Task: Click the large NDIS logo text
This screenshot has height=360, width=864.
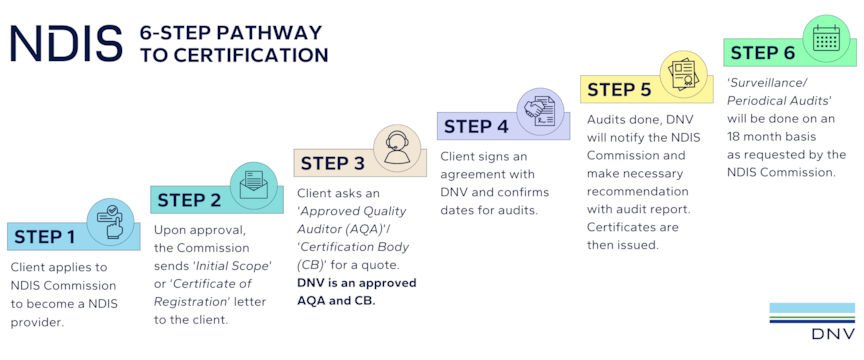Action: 65,44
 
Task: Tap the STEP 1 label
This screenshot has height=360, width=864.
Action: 44,237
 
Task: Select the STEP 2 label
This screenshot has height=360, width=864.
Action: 189,199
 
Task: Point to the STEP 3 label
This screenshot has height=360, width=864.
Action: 332,163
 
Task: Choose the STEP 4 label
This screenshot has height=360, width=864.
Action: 476,126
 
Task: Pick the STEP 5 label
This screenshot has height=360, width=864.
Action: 619,89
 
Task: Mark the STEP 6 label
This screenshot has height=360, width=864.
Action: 763,52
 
